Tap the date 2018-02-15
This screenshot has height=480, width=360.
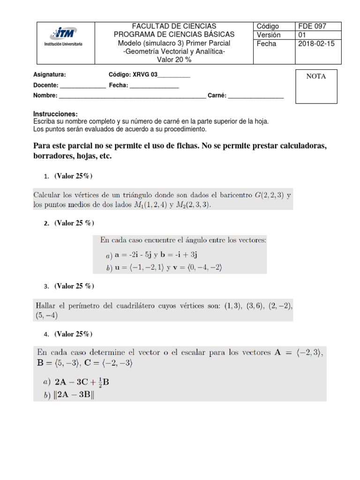coord(316,44)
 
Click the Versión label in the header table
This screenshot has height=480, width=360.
coord(269,35)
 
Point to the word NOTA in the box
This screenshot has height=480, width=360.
coord(316,76)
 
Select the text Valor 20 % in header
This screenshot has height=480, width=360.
coord(174,60)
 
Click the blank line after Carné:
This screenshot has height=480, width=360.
coord(255,96)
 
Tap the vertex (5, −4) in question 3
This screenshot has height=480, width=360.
coord(47,315)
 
